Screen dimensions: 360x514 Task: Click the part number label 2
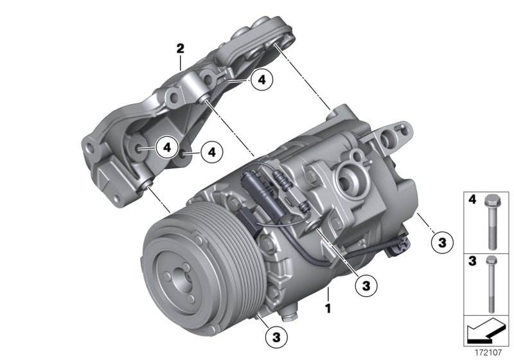(181, 48)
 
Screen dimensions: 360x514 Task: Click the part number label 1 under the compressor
(329, 309)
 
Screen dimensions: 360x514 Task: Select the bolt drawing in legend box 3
(492, 283)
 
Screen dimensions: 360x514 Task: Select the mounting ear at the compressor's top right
(387, 136)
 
